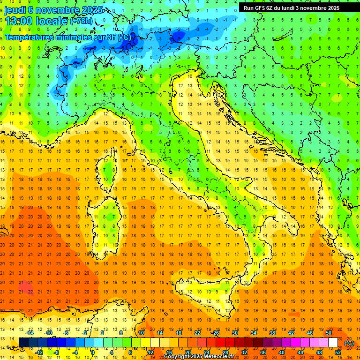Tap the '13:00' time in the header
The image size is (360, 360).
click(x=18, y=21)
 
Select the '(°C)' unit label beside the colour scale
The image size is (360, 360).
click(x=349, y=343)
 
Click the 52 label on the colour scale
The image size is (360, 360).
click(x=338, y=352)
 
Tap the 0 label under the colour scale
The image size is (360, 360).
click(x=93, y=352)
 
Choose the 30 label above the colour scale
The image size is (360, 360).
click(x=234, y=333)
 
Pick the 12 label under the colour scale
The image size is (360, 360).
click(x=150, y=352)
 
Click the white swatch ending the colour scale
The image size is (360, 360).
click(x=333, y=343)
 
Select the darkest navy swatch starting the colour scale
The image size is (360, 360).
click(x=23, y=343)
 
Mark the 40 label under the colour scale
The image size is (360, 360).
click(x=281, y=352)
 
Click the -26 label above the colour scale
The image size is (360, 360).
click(x=215, y=333)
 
